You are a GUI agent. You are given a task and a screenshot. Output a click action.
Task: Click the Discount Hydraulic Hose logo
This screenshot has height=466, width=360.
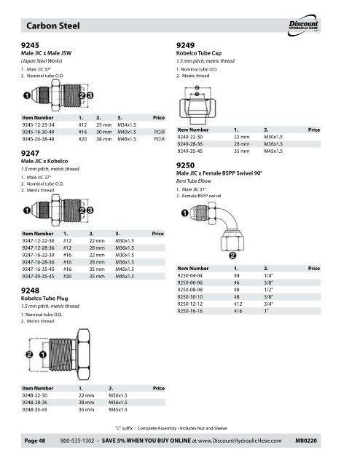click(303, 25)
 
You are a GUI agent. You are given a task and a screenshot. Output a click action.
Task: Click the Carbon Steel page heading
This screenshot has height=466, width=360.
click(53, 26)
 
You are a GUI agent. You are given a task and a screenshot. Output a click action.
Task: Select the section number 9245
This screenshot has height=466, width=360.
click(30, 45)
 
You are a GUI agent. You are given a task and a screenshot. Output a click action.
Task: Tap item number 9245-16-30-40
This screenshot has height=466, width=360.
click(38, 132)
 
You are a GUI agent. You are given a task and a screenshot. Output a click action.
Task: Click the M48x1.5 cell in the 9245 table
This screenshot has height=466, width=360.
click(127, 139)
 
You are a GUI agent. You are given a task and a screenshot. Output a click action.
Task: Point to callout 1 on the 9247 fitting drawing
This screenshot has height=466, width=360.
click(27, 210)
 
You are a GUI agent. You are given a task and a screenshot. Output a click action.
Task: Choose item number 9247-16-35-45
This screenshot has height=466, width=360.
click(38, 269)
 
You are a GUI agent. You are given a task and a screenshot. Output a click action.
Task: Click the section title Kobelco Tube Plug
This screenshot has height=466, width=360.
click(44, 299)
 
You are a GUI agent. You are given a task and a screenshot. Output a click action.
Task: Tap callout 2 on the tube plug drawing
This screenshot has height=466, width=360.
click(29, 355)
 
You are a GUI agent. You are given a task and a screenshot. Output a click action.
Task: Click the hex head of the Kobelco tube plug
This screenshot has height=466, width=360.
click(84, 355)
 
